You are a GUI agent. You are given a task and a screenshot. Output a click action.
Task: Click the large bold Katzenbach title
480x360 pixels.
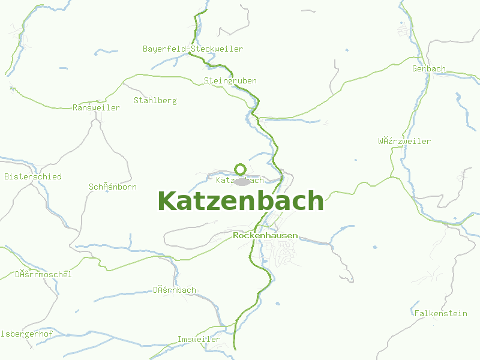coord(240,201)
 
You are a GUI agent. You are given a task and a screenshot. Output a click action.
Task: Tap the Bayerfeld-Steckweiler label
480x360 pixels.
coord(193,49)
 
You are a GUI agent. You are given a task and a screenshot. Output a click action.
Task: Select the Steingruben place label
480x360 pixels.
coord(230,80)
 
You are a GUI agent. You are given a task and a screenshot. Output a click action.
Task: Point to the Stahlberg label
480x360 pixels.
coord(155,100)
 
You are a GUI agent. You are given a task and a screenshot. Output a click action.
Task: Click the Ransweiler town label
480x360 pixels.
coord(96,108)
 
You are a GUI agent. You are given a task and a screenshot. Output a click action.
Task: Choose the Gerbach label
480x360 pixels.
coord(429,68)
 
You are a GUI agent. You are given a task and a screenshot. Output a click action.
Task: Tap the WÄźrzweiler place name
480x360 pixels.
coord(404,142)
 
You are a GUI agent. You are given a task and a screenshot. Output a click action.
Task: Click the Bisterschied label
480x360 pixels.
coord(33,177)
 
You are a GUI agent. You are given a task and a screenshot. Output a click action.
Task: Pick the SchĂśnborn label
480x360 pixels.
coord(113,187)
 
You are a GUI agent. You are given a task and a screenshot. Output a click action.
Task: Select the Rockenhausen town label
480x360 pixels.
coord(265,236)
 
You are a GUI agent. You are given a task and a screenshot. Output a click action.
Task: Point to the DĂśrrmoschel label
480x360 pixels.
coord(43,275)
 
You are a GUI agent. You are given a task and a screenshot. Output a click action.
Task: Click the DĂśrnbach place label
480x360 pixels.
coord(175,290)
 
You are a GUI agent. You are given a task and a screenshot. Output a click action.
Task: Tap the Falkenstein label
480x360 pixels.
coord(441,313)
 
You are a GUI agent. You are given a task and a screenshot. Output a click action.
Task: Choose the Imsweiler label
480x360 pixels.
coord(199,340)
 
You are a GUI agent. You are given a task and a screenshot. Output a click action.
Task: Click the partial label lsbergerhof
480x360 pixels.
coord(27,333)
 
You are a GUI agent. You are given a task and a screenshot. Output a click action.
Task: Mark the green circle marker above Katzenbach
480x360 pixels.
coord(241,169)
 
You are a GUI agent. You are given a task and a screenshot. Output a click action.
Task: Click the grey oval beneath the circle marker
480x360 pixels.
coord(241,181)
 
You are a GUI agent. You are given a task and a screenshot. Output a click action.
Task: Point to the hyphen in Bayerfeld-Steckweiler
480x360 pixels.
coord(188,49)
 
